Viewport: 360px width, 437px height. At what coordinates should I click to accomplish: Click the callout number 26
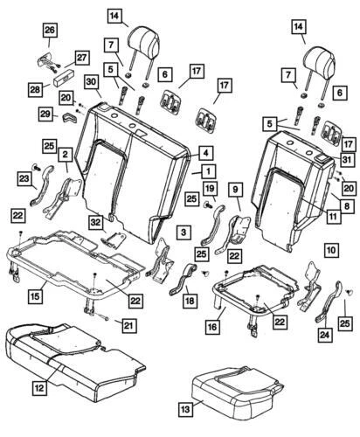(x=49, y=32)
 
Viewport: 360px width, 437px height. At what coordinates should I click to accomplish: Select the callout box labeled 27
(x=81, y=58)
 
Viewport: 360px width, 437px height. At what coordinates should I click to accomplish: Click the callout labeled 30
(x=91, y=82)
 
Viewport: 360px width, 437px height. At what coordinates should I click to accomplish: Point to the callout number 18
(x=187, y=301)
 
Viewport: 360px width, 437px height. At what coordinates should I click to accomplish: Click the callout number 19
(x=210, y=189)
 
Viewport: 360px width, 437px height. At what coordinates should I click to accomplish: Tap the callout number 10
(x=330, y=250)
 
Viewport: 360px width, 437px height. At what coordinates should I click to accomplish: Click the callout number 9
(x=235, y=188)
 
